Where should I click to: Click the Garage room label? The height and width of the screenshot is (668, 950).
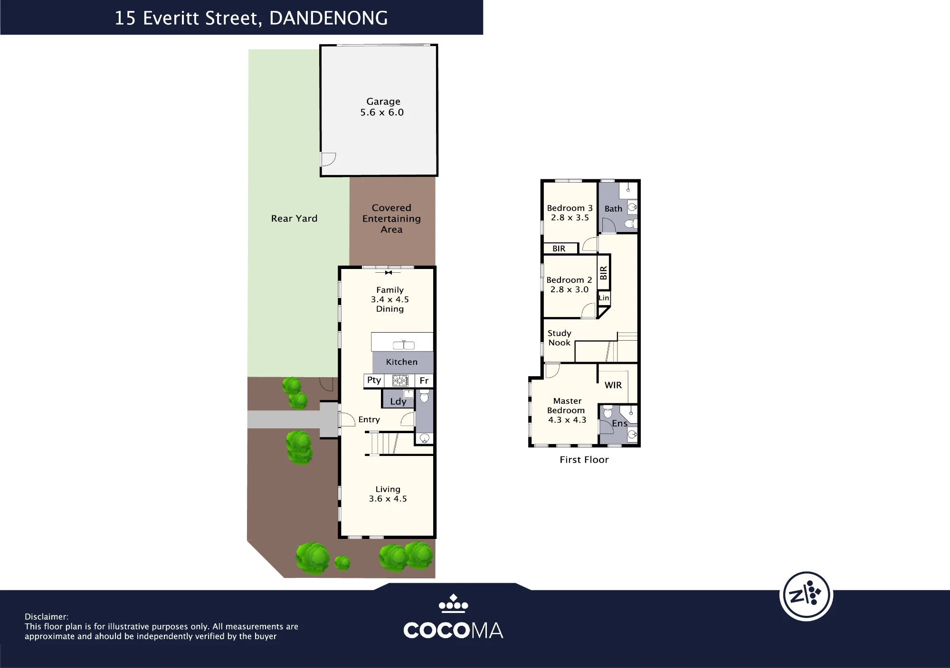click(383, 102)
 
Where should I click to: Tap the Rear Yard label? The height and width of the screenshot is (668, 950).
click(294, 219)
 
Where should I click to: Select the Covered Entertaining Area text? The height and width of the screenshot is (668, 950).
click(391, 219)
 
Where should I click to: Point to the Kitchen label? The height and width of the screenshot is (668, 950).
click(402, 362)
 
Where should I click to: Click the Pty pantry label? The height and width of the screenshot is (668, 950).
click(374, 380)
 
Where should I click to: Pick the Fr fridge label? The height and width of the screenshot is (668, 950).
click(424, 380)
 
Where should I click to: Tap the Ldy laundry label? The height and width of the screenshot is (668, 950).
click(398, 401)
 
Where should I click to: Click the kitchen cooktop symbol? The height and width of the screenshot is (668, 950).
click(400, 380)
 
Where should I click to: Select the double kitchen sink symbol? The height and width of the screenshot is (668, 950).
click(404, 345)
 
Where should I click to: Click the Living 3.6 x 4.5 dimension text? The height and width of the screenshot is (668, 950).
click(388, 499)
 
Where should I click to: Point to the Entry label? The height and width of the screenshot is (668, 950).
click(369, 419)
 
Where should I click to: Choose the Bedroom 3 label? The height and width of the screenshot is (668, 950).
click(570, 208)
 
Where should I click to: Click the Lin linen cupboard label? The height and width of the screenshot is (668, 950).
click(604, 298)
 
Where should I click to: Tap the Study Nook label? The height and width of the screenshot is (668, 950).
click(560, 338)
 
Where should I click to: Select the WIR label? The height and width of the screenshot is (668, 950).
click(613, 385)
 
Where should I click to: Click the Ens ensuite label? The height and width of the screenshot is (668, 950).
click(620, 423)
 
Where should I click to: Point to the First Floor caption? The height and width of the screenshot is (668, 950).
click(584, 460)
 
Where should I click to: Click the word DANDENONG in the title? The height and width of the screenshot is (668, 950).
click(329, 19)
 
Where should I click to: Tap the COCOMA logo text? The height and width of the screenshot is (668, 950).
click(453, 631)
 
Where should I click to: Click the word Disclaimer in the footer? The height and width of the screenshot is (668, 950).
click(47, 617)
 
